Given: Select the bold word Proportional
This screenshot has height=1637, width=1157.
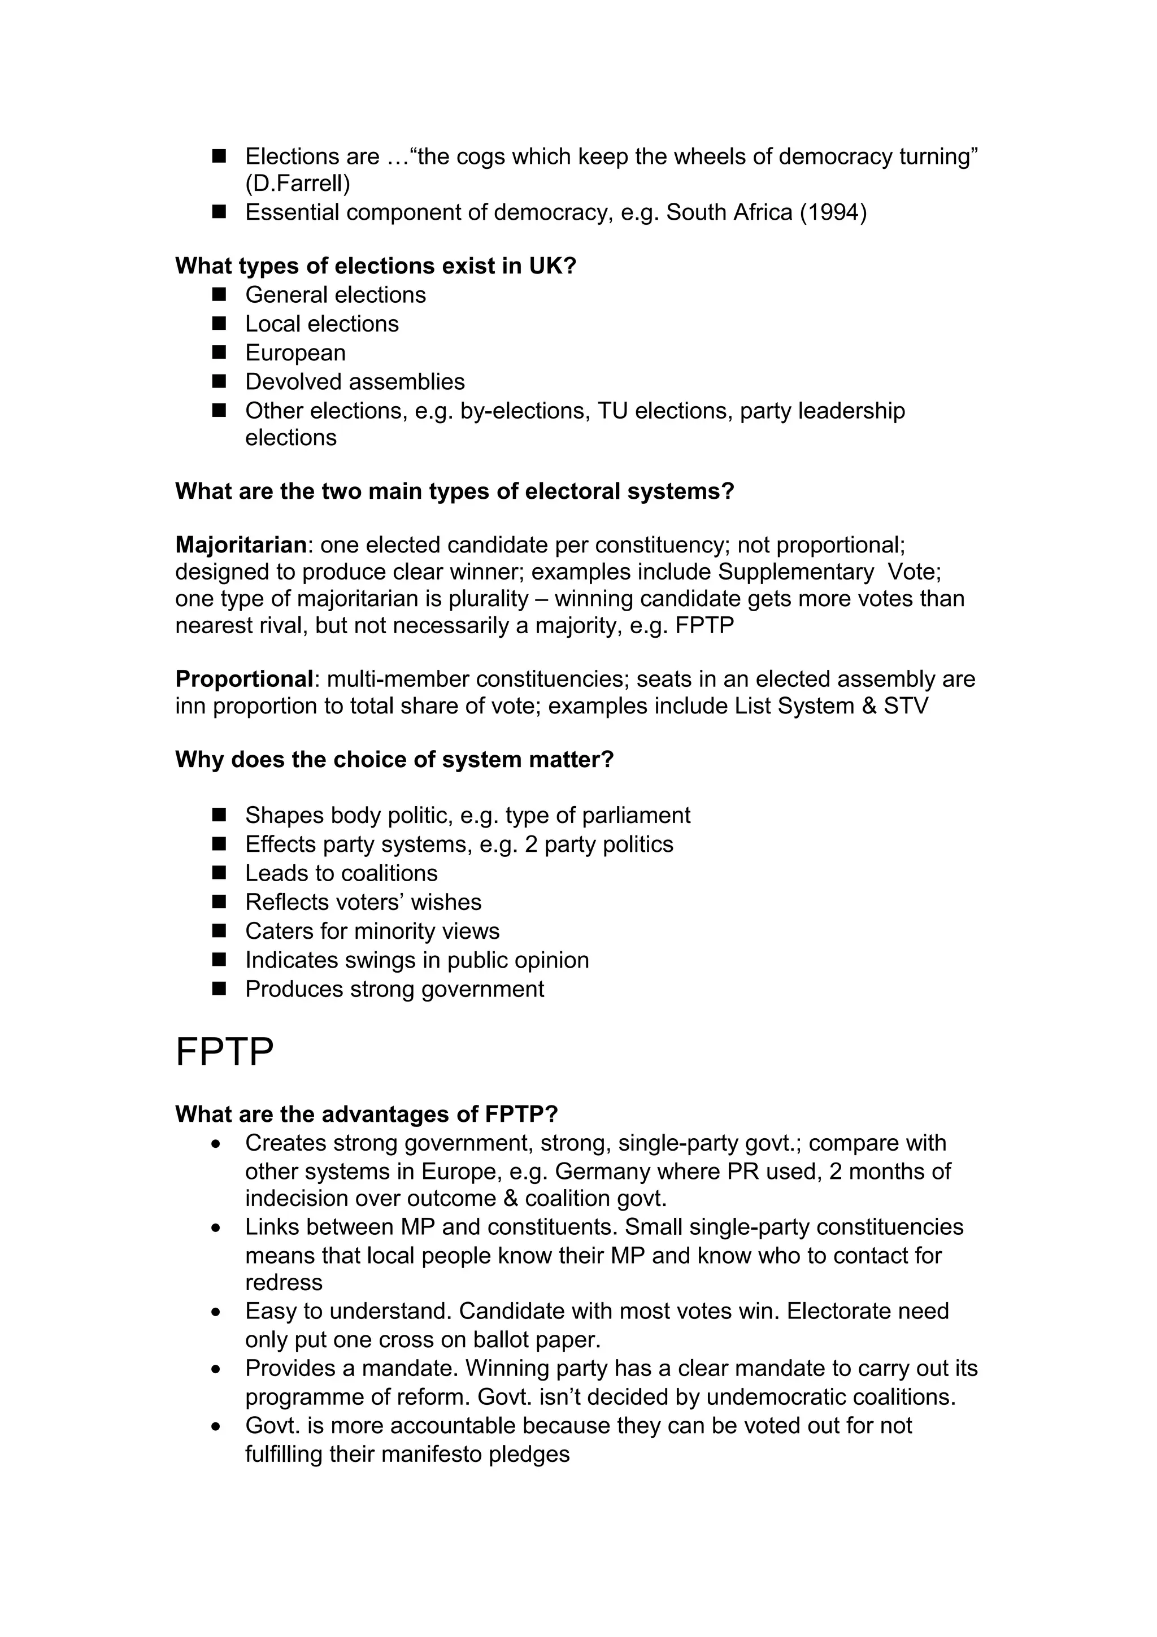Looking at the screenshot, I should [244, 679].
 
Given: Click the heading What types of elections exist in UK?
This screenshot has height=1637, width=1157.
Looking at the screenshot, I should [376, 266].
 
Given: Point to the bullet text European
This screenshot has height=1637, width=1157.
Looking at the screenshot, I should [295, 353].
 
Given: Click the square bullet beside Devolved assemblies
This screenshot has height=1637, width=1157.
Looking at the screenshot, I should [219, 381].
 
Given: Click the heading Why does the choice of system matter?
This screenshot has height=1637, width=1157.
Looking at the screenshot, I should [394, 759].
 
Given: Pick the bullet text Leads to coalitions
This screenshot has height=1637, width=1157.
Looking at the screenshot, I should [341, 873].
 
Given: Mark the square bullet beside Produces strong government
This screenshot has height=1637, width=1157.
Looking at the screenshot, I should [219, 989].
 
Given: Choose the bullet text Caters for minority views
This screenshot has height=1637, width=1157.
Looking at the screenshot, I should [372, 931].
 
